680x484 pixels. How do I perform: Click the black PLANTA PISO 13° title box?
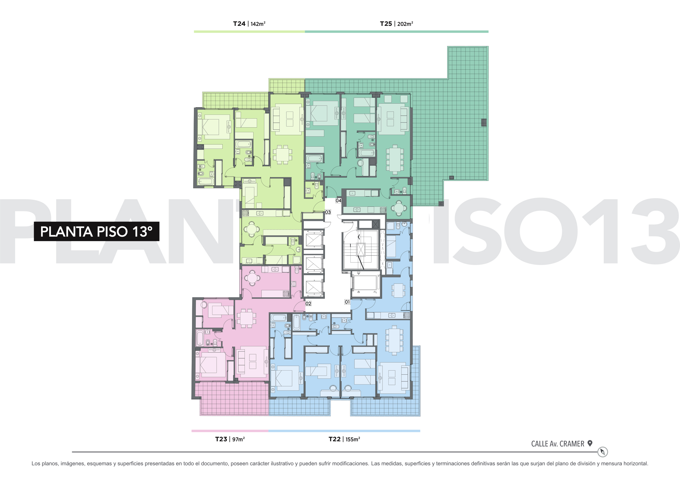(97, 231)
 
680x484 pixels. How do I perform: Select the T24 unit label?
(239, 24)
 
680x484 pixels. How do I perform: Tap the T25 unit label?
(386, 24)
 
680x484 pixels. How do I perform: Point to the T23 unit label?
(221, 439)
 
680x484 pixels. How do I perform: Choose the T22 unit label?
(334, 439)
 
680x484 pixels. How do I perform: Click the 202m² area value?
(405, 24)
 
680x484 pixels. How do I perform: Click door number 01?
(347, 302)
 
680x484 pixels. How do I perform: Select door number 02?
(308, 303)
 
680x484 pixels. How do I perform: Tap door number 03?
(328, 212)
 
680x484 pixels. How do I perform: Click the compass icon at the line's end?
(602, 452)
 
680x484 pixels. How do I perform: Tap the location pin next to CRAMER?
(590, 443)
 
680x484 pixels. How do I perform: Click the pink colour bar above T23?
(230, 431)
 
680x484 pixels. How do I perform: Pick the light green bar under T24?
(249, 32)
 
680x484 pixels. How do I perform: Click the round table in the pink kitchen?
(252, 278)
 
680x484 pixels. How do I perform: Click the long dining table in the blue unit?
(394, 340)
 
